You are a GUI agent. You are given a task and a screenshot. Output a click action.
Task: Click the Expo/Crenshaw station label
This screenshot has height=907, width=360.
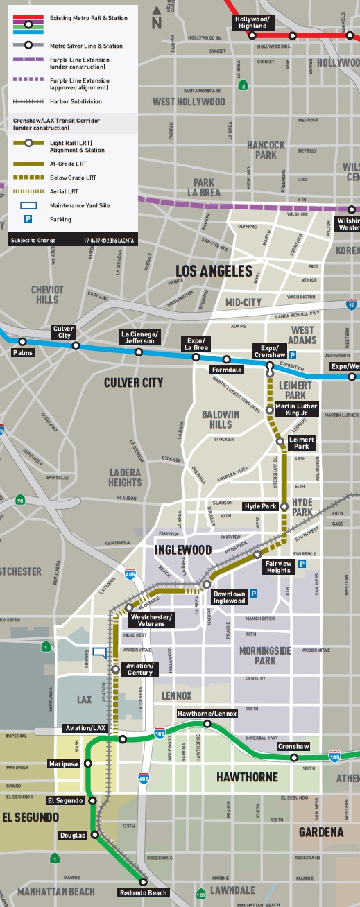pyautogui.click(x=268, y=351)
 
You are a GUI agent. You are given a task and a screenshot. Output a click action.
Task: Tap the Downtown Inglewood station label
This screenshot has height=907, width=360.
pyautogui.click(x=229, y=597)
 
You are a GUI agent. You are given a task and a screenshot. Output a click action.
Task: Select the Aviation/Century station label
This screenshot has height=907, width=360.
pyautogui.click(x=139, y=669)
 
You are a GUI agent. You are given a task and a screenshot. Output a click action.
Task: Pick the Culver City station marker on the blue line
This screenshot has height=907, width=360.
pyautogui.click(x=76, y=345)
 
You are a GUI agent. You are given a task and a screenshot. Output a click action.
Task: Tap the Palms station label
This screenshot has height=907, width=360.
pyautogui.click(x=23, y=352)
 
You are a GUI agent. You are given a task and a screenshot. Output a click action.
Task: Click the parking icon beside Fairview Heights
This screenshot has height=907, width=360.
pyautogui.click(x=301, y=564)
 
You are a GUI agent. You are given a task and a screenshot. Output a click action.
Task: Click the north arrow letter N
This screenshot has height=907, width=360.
pyautogui.click(x=157, y=22)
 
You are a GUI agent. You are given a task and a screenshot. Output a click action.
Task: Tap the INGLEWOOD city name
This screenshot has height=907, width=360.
pyautogui.click(x=182, y=550)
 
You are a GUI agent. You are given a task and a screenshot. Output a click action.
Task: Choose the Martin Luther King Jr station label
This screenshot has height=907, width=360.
pyautogui.click(x=296, y=409)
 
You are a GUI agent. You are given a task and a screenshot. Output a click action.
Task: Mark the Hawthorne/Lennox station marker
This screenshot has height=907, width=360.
pyautogui.click(x=207, y=724)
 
